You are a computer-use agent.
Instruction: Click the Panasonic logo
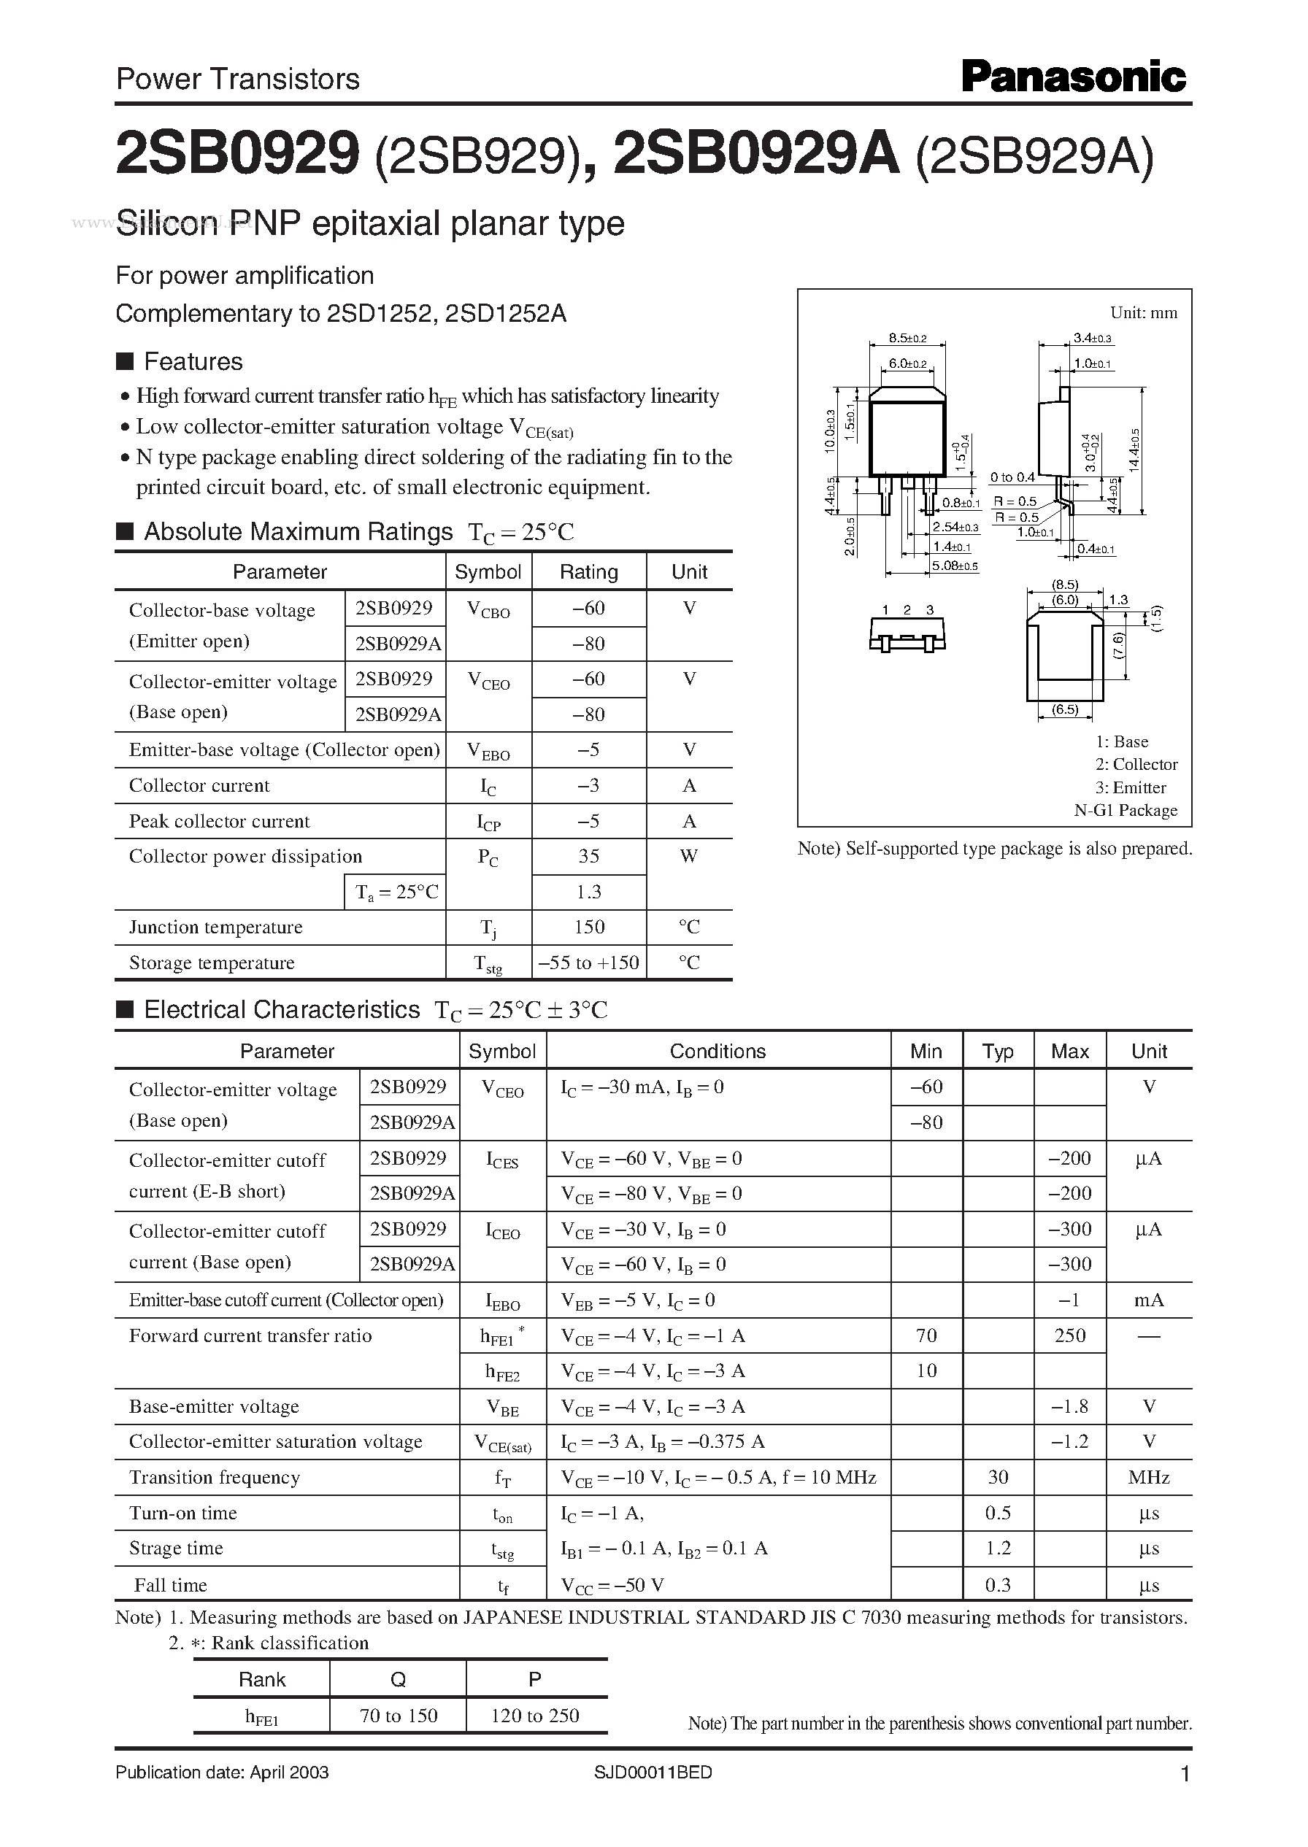pyautogui.click(x=1073, y=78)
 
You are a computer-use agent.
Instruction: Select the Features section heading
pyautogui.click(x=193, y=361)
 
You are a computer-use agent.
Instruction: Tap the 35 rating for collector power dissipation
pyautogui.click(x=588, y=856)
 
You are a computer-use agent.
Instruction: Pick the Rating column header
pyautogui.click(x=588, y=571)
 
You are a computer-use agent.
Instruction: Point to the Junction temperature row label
pyautogui.click(x=216, y=927)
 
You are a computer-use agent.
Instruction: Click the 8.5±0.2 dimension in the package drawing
pyautogui.click(x=908, y=338)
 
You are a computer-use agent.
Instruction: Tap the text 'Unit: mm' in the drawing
pyautogui.click(x=1143, y=312)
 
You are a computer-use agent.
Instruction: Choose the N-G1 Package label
pyautogui.click(x=1126, y=810)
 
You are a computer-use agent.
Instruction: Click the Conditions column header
pyautogui.click(x=718, y=1051)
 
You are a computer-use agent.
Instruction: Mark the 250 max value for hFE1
pyautogui.click(x=1069, y=1335)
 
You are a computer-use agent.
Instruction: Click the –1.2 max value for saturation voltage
pyautogui.click(x=1069, y=1441)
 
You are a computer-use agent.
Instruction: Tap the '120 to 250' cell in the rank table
pyautogui.click(x=536, y=1715)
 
